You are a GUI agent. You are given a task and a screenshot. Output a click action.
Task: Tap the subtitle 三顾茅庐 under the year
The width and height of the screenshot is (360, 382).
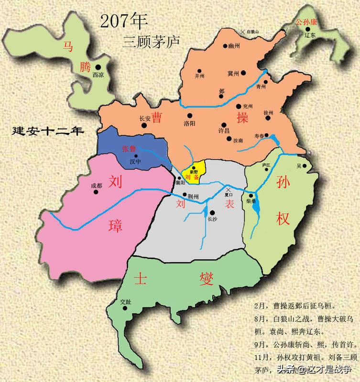[144, 41]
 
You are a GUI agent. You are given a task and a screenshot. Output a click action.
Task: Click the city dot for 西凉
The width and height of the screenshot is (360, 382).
[98, 67]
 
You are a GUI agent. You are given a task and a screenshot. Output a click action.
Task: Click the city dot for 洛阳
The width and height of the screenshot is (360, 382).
[190, 115]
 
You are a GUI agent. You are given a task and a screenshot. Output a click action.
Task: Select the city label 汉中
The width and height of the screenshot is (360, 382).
[136, 162]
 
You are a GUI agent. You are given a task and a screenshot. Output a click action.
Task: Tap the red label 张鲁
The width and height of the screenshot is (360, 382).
[129, 149]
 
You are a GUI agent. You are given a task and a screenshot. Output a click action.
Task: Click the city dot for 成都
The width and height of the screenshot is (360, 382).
[96, 192]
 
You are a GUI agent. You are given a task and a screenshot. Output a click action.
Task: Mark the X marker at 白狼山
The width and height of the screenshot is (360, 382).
[243, 32]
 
